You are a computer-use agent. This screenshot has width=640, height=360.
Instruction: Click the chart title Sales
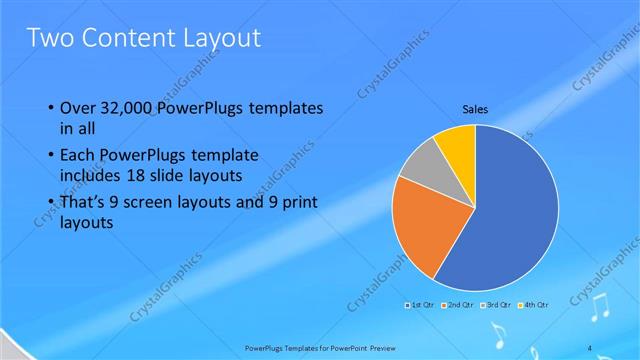[474, 109]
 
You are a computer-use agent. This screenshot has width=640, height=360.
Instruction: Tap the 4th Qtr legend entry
[534, 303]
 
